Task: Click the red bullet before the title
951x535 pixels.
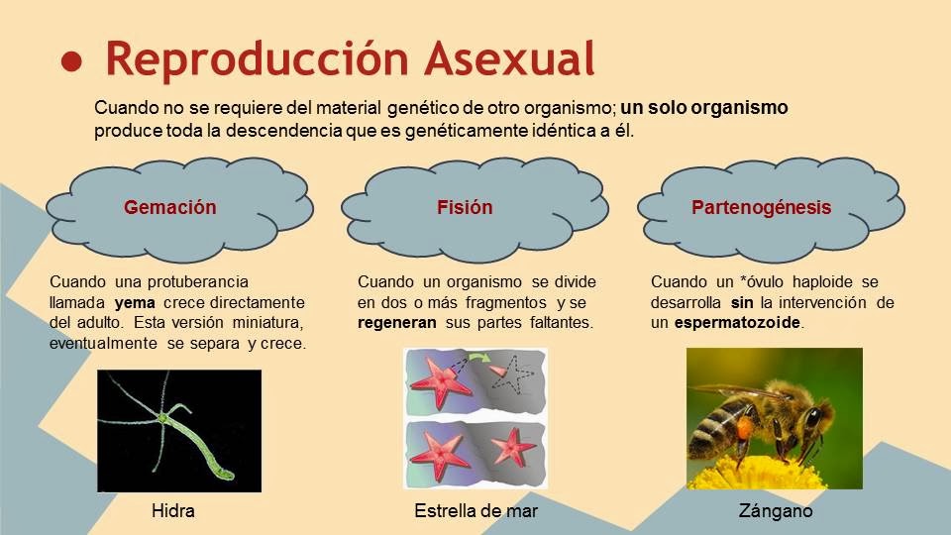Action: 71,61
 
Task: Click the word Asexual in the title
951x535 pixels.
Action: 509,58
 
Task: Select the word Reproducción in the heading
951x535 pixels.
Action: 258,58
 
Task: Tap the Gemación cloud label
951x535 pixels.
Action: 169,207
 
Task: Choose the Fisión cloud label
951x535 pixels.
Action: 465,207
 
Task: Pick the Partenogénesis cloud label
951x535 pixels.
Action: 761,207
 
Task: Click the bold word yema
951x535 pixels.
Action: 135,303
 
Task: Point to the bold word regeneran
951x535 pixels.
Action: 396,323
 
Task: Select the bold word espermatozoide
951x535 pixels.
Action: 737,323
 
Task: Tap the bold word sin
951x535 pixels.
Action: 742,303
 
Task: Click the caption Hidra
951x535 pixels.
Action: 172,511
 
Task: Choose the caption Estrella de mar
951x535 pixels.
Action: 476,511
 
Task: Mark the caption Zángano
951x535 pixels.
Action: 775,511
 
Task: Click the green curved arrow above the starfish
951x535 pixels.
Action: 480,359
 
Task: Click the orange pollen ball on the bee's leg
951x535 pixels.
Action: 743,428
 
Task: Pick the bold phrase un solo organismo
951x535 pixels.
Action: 704,108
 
